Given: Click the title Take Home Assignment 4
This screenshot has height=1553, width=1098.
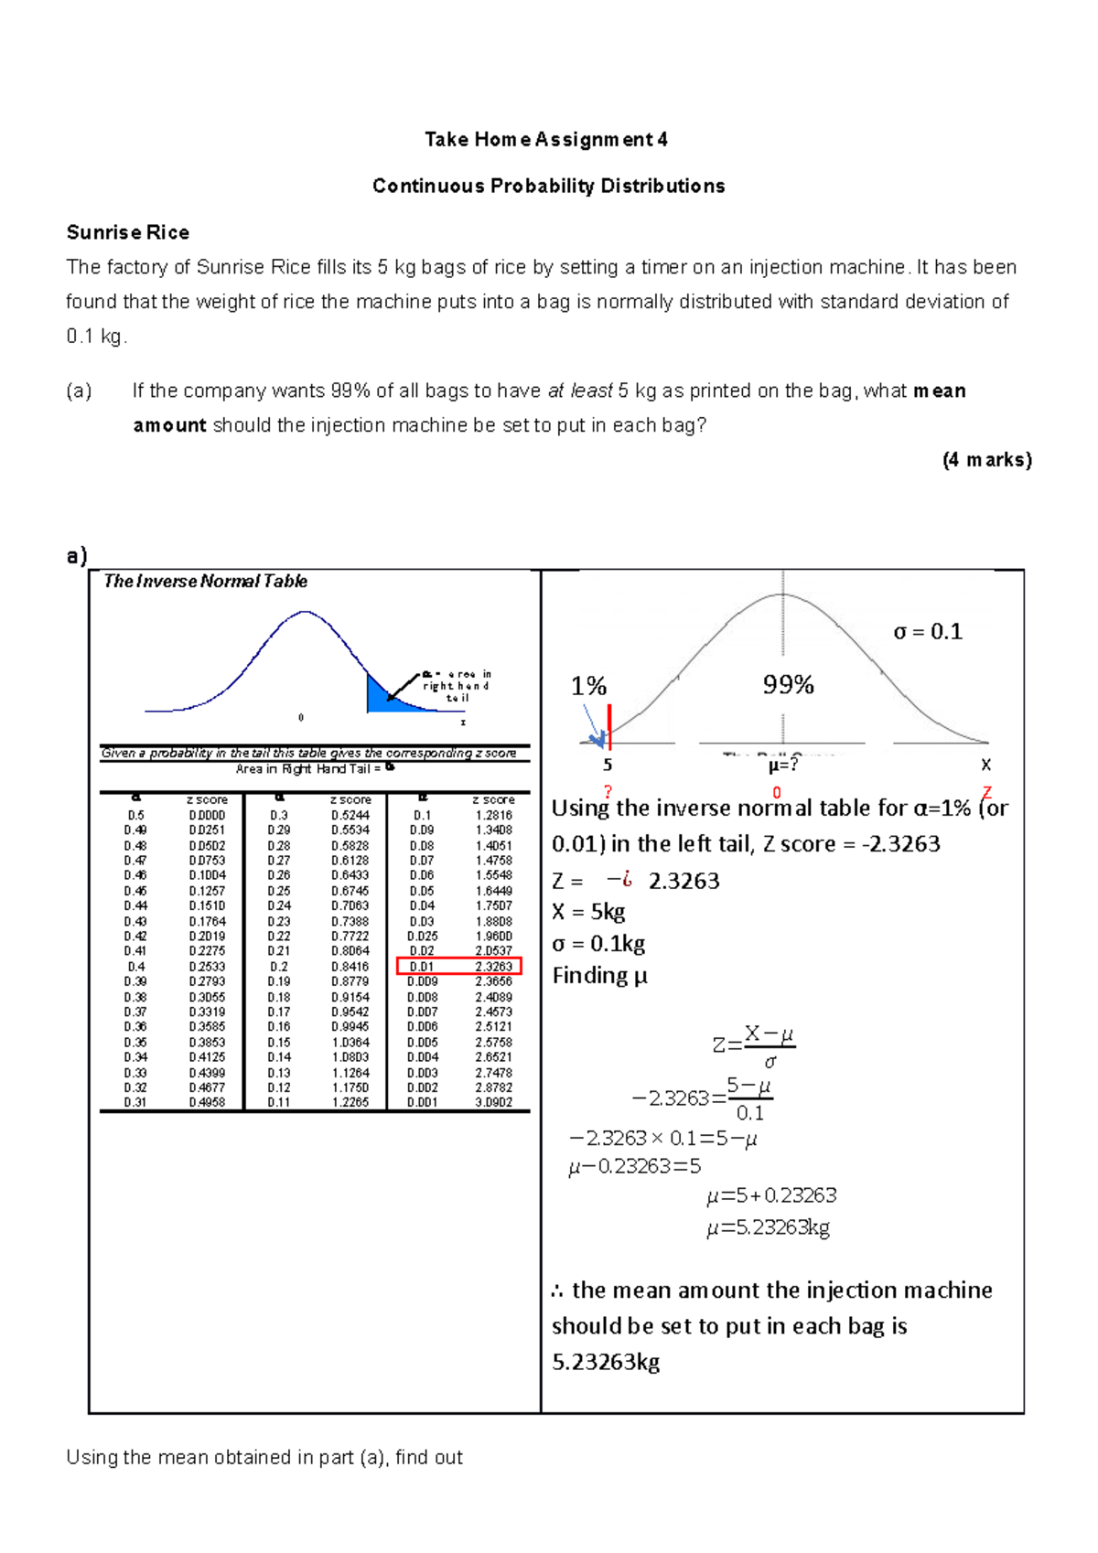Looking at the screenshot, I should (x=545, y=140).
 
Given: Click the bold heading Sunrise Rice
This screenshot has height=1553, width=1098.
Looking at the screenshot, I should (x=128, y=232).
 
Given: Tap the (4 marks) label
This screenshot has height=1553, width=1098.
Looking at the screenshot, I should (x=986, y=460).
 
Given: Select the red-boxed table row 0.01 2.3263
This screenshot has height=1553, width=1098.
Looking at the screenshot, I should (x=458, y=966).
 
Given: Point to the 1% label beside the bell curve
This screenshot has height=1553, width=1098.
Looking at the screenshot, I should (x=588, y=687).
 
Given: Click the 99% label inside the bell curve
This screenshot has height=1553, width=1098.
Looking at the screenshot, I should (x=788, y=685).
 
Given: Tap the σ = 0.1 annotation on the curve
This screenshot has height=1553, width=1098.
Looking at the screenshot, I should (x=927, y=632).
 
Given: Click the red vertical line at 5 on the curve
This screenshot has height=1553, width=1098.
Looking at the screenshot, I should (x=609, y=728).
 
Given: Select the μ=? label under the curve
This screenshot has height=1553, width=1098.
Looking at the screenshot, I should (x=783, y=765).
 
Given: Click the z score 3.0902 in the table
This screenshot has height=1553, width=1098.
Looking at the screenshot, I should (x=493, y=1103).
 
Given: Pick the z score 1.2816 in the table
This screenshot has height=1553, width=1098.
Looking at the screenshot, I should (x=493, y=815).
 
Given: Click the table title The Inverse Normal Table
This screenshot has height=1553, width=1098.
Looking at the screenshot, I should (x=205, y=582).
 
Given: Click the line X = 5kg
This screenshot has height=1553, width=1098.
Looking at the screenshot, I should (x=588, y=912).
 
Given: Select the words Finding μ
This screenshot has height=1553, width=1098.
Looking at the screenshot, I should (x=599, y=976).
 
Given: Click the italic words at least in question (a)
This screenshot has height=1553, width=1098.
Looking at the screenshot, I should (x=579, y=391).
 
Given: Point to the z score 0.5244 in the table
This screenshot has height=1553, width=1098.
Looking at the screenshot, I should (x=350, y=815).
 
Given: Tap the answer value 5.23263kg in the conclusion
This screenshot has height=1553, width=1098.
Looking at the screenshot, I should (x=606, y=1363).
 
